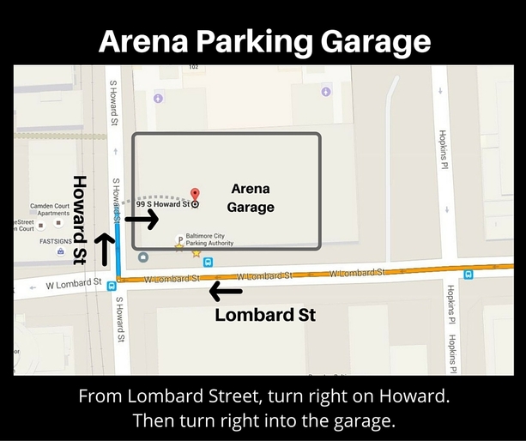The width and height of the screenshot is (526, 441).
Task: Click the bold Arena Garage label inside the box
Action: click(x=251, y=198)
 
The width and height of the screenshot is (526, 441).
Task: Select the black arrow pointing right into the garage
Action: click(x=142, y=220)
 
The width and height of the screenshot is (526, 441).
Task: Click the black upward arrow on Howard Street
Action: click(x=105, y=249)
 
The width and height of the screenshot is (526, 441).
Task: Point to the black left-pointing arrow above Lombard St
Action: click(x=226, y=293)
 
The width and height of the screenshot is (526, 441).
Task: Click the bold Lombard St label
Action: click(x=265, y=315)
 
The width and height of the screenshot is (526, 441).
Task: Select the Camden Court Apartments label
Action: click(x=55, y=209)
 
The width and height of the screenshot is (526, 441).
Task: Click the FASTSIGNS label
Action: click(x=57, y=242)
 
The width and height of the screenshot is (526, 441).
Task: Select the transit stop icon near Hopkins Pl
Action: click(x=469, y=275)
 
